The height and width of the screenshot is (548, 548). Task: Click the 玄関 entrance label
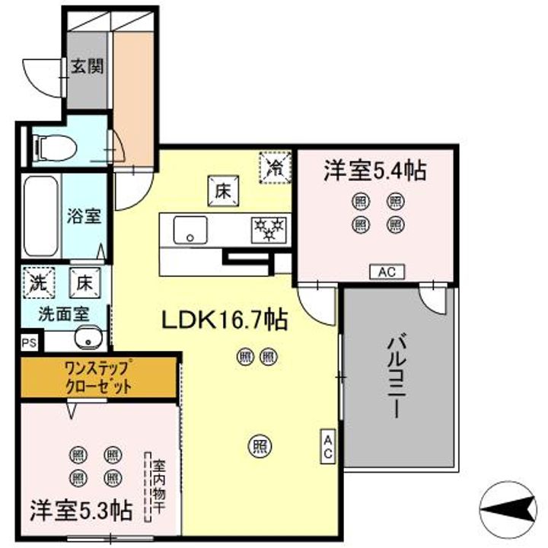[88, 66]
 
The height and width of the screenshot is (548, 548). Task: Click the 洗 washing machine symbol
[37, 282]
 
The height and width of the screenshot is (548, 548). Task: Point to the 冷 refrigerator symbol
[276, 167]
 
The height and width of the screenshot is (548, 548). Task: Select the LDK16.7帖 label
[223, 321]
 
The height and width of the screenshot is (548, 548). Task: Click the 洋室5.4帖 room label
[374, 170]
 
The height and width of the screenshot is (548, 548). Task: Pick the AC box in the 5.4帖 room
[387, 272]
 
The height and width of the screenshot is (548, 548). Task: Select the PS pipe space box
[29, 342]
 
